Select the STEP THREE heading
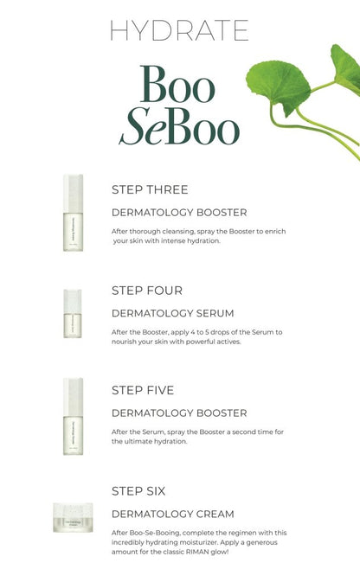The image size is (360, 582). (150, 189)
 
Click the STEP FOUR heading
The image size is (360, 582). (147, 291)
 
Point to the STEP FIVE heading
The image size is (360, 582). (145, 390)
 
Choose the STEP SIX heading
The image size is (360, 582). (138, 490)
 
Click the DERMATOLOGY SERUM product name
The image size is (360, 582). (172, 312)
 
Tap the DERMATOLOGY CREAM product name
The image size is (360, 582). (173, 513)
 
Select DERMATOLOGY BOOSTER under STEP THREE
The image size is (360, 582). (179, 212)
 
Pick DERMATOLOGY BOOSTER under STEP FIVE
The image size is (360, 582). (179, 413)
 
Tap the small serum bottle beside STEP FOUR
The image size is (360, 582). (73, 313)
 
